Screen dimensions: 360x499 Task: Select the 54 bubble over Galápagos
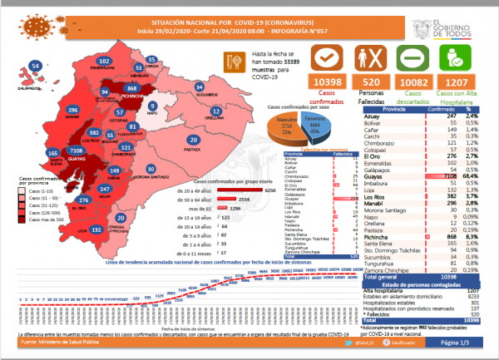tap(34, 66)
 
